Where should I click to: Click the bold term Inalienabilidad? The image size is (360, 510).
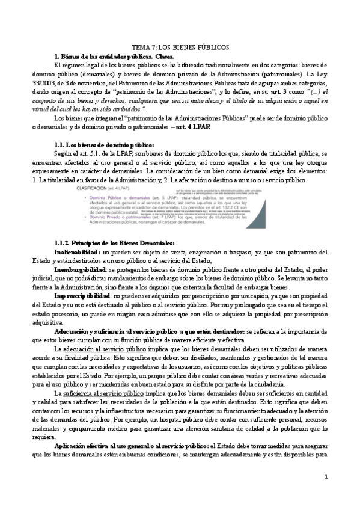78,252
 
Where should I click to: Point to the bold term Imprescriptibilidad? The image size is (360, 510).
82,297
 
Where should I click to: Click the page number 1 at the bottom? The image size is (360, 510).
325,494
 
